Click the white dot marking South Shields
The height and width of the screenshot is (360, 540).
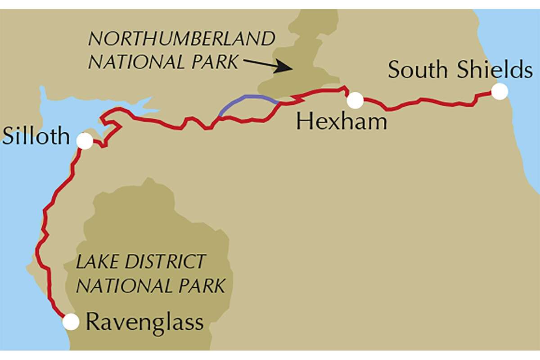499,91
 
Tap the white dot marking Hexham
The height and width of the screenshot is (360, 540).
355,100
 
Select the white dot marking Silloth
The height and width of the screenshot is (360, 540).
85,141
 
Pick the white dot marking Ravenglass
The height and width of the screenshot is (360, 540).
71,322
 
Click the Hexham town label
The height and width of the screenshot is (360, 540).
342,121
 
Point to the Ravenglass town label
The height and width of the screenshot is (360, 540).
144,322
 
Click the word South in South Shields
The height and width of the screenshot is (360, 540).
418,70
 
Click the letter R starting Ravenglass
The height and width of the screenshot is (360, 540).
92,322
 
